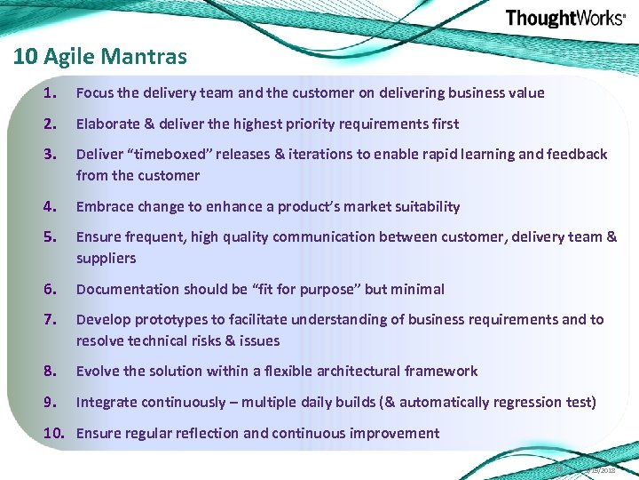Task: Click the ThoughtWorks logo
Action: [x=564, y=19]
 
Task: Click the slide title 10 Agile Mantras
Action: [x=100, y=57]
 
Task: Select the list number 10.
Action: [x=55, y=433]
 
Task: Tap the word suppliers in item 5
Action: [x=106, y=258]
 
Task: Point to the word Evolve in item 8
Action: [x=97, y=371]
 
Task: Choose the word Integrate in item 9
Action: [x=106, y=402]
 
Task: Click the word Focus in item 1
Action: [x=95, y=92]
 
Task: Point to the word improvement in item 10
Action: [x=396, y=433]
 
